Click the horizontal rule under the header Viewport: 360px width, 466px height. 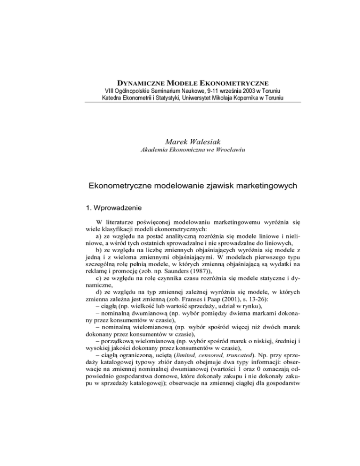[x=180, y=102]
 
